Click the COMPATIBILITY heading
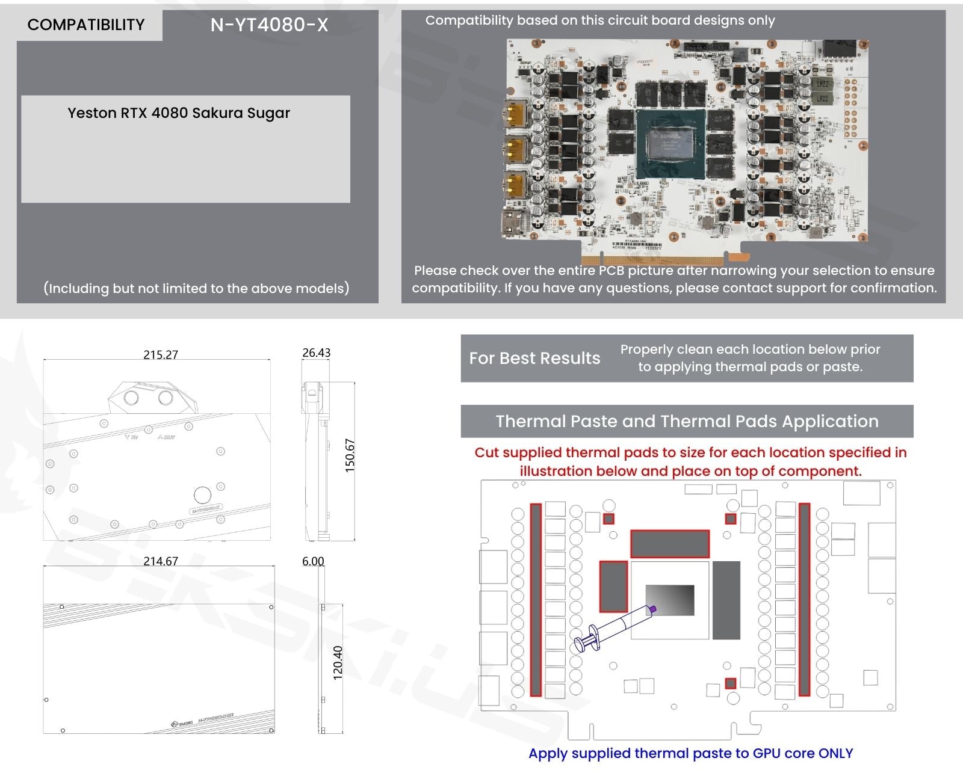86,25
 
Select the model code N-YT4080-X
269,25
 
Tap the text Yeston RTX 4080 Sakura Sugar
179,113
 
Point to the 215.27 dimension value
161,355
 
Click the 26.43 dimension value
316,353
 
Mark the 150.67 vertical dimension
350,455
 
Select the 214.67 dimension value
161,561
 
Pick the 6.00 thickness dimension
313,561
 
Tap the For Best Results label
534,359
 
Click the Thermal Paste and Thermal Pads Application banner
687,421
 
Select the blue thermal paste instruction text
690,753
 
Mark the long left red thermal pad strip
536,600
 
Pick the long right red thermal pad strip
804,600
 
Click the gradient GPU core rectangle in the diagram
670,600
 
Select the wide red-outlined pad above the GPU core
669,544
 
